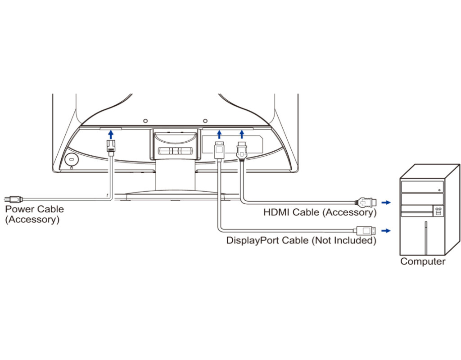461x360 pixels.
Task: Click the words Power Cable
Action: [x=34, y=209]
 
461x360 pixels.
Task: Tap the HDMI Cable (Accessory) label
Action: [x=320, y=212]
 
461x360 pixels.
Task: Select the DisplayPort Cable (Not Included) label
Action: [x=301, y=240]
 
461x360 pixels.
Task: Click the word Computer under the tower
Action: [x=423, y=261]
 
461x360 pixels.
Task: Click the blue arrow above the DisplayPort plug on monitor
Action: [x=219, y=134]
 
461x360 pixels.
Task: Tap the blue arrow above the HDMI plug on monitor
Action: [x=242, y=134]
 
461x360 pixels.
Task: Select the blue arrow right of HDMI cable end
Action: [x=386, y=202]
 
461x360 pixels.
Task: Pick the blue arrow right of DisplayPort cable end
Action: [x=386, y=231]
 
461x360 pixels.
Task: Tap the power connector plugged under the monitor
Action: [x=111, y=148]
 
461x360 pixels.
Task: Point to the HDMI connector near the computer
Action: [x=366, y=202]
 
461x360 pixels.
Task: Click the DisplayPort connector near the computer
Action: [x=365, y=231]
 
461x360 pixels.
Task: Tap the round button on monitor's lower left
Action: [x=71, y=159]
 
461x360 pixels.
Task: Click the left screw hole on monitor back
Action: [x=145, y=121]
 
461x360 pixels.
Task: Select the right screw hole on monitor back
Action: [x=205, y=121]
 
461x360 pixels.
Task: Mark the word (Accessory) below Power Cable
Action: [x=32, y=220]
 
